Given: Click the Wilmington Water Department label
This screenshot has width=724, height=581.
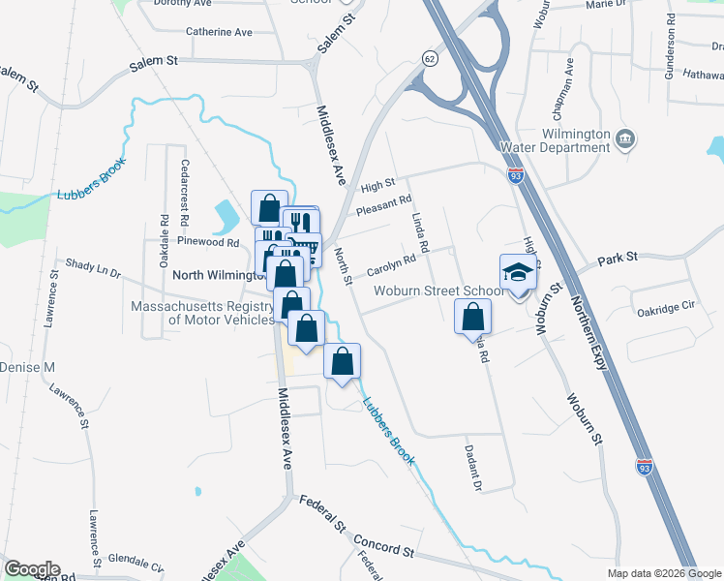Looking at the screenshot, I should pos(553,139).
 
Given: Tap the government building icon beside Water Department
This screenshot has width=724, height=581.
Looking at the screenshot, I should pos(625,139).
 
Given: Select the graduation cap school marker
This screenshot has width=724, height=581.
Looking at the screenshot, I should pos(518,272).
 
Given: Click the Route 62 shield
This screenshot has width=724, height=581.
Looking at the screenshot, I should pos(429,59).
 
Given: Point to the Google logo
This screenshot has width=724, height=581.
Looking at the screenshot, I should pos(31,569).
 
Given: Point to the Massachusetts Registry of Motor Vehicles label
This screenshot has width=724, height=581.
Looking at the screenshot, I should pos(200,313).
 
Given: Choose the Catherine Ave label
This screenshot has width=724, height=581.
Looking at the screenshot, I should pos(219,32).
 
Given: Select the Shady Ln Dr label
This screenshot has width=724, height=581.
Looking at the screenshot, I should pos(93,266).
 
